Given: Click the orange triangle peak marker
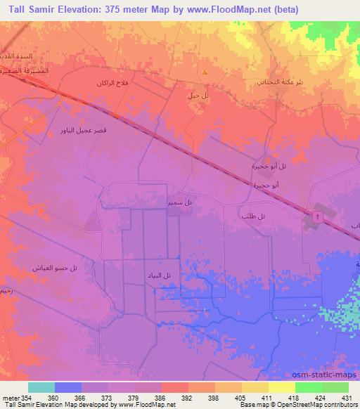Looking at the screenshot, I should pos(205,72).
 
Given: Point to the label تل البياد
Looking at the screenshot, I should pos(158,276).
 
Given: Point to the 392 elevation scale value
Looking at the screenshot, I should pos(186,397).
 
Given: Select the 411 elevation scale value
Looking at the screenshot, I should pos(266,397).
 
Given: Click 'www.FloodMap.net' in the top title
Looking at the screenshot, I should pos(235,10).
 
